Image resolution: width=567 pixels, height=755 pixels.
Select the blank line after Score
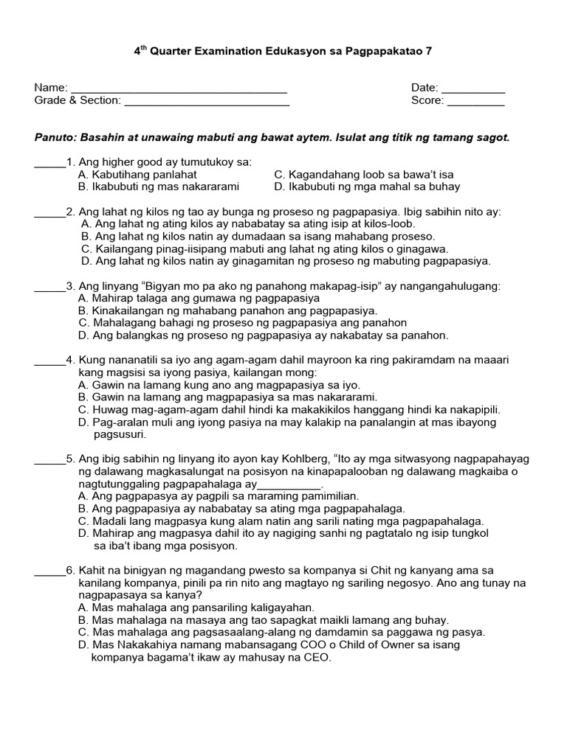pos(476,103)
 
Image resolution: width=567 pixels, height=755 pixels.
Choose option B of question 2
pos(258,237)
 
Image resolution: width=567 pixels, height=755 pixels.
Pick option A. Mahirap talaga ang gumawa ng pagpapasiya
pos(199,299)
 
